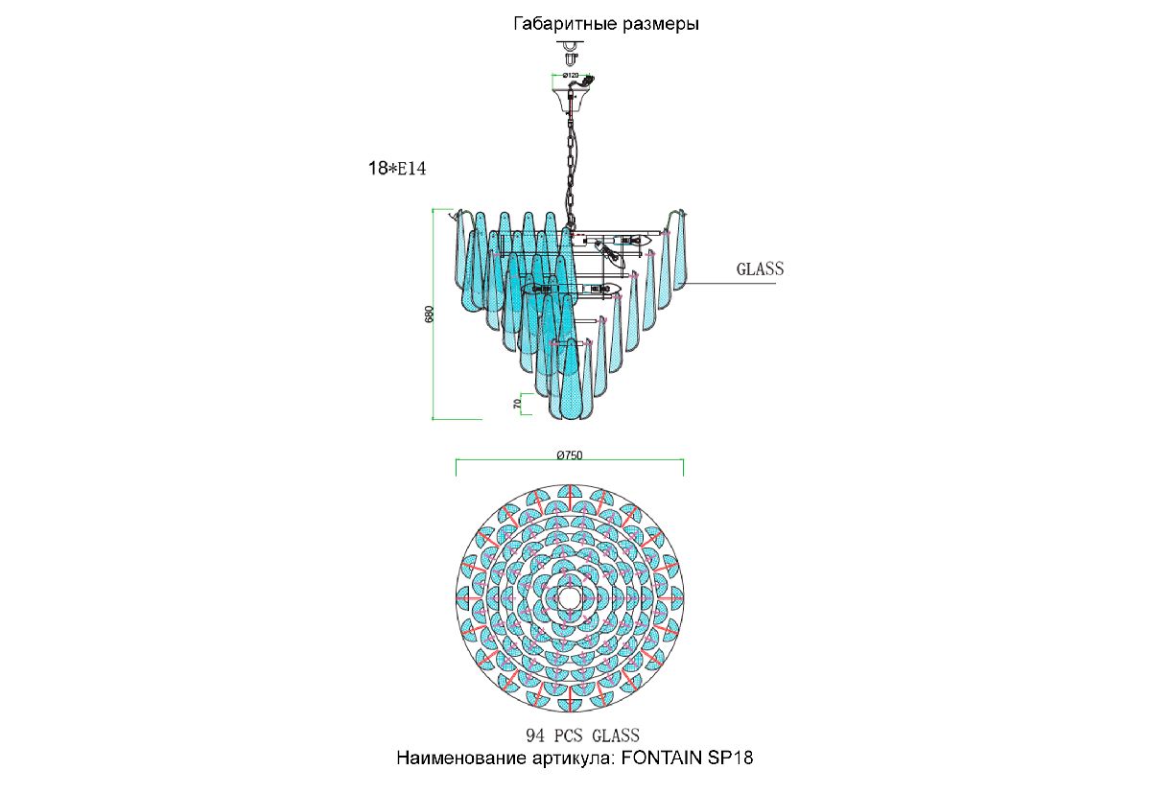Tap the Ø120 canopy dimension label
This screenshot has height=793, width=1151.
tap(571, 76)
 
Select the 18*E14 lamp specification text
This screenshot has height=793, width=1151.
tap(397, 169)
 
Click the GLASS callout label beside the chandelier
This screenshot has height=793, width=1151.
tap(760, 268)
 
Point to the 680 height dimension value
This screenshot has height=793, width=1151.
tap(430, 315)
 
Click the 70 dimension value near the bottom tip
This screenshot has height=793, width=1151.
tap(517, 405)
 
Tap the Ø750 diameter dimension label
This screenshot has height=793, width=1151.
tap(570, 455)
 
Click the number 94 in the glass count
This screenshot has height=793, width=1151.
tap(535, 735)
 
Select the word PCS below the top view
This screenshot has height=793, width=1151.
tap(570, 735)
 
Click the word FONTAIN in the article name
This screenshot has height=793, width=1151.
tap(662, 758)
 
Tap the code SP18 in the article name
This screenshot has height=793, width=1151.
tap(731, 758)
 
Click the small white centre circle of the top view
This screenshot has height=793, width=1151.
tap(568, 597)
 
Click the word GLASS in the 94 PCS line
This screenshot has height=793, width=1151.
tap(616, 735)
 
